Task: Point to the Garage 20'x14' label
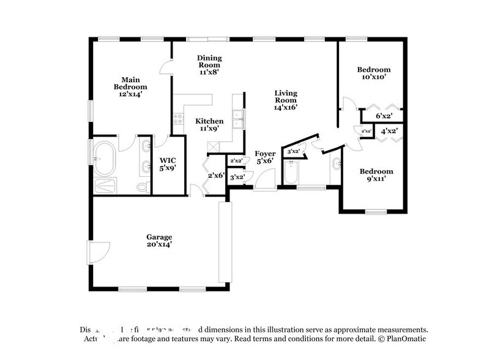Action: (x=158, y=240)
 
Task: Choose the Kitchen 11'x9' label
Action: (x=209, y=125)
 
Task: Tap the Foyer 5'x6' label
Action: (x=265, y=157)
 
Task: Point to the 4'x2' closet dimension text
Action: (x=389, y=131)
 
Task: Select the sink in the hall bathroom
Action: (x=336, y=164)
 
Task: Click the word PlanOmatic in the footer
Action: (x=402, y=339)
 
